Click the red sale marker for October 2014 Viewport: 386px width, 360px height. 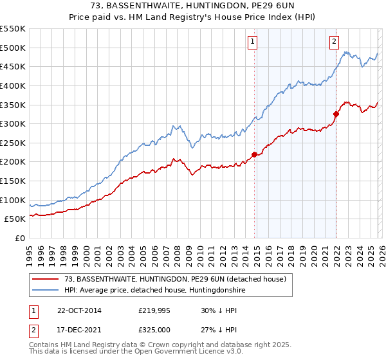click(x=254, y=154)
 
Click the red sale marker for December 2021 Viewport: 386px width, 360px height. click(x=336, y=114)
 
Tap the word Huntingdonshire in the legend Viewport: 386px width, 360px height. click(x=213, y=291)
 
